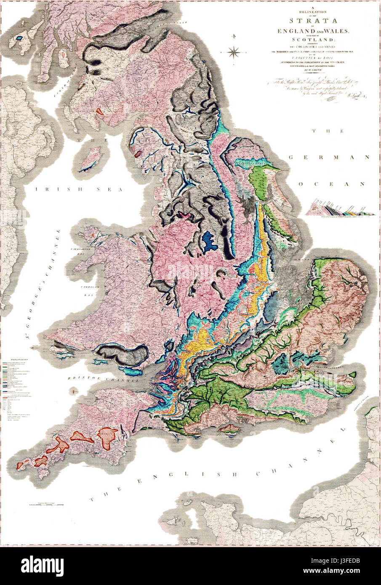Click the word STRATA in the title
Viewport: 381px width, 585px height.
(305, 21)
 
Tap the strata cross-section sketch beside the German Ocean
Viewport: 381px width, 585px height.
(341, 209)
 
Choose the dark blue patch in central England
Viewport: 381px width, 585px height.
(208, 242)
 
